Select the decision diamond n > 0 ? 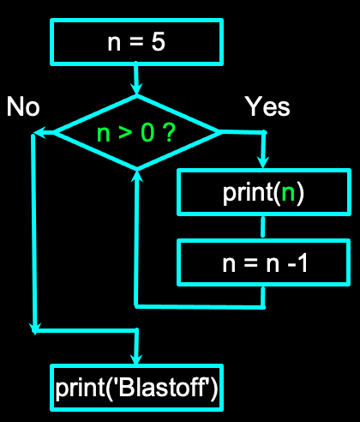pos(136,132)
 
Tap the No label pos(23,106)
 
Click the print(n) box pos(263,192)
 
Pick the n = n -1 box pos(263,262)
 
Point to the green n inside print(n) pos(289,192)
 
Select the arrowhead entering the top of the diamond pos(136,89)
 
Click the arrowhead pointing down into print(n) pos(263,162)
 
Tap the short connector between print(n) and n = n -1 pos(263,227)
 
